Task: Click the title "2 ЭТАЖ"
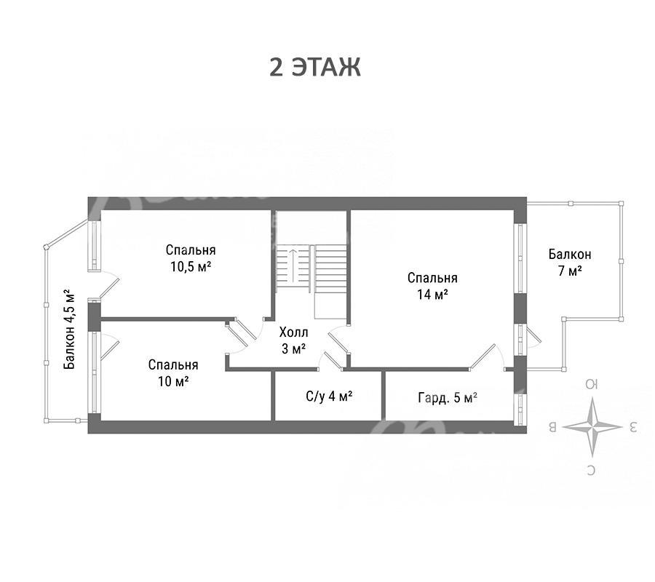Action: point(315,67)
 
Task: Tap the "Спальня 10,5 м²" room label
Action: point(191,258)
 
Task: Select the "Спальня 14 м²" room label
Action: point(432,286)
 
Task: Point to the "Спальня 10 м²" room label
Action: point(173,372)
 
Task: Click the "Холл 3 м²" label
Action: point(294,340)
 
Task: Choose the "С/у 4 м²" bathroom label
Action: point(329,396)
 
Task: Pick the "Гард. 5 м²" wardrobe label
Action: point(448,397)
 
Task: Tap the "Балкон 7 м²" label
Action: point(570,262)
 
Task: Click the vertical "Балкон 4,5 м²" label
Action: point(70,329)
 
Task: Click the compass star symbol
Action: point(592,427)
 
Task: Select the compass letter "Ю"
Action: point(592,384)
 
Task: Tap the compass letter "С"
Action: point(591,471)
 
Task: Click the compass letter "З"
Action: point(632,427)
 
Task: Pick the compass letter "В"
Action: point(552,428)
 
